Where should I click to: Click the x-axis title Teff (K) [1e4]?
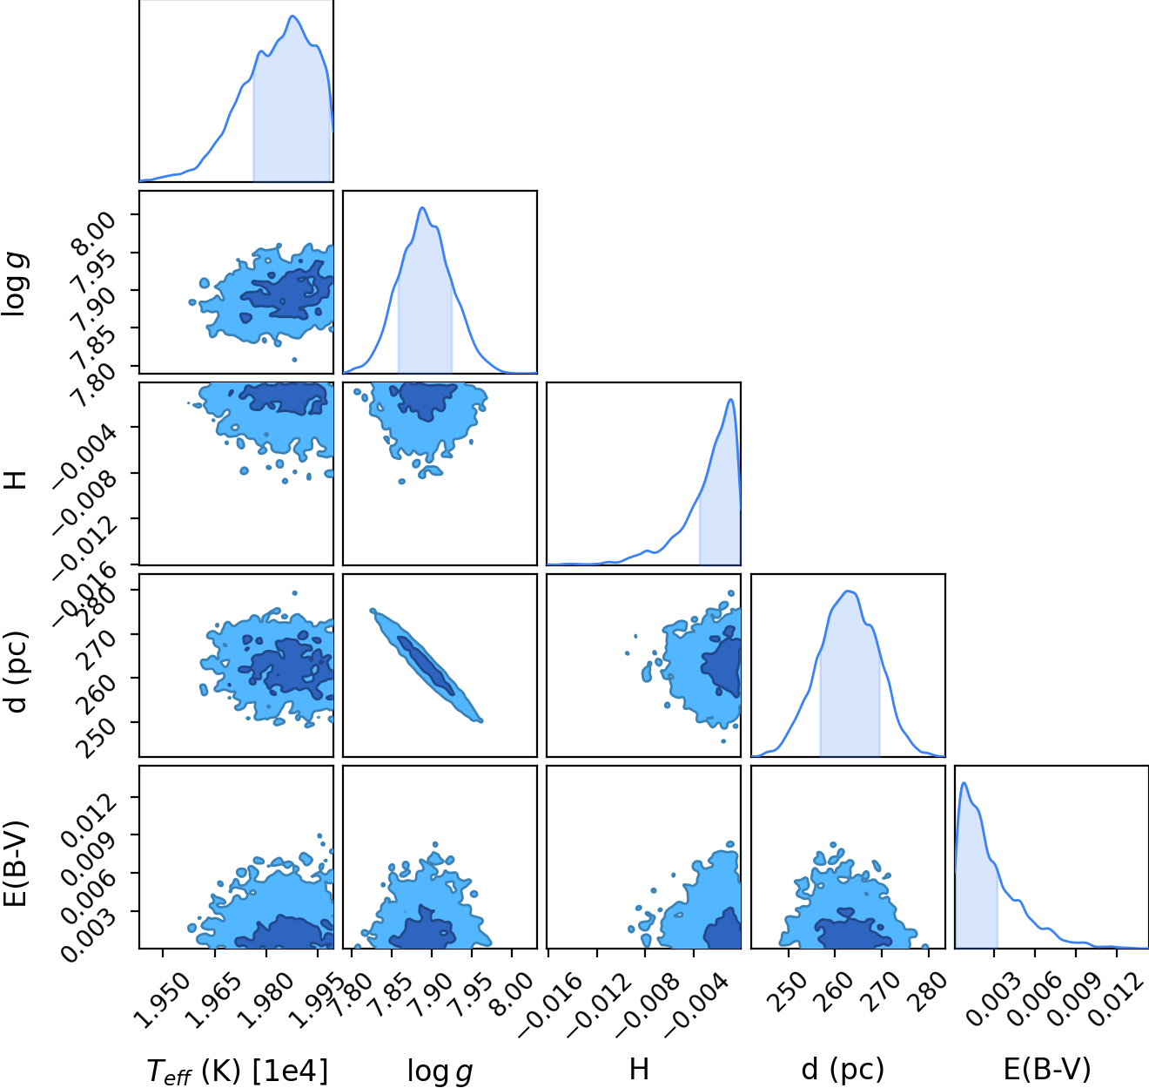pyautogui.click(x=237, y=1071)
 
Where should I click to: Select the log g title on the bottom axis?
pyautogui.click(x=440, y=1071)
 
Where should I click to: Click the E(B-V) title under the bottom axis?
pyautogui.click(x=1047, y=1070)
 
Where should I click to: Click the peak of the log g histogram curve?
pyautogui.click(x=422, y=207)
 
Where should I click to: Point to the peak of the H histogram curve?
pyautogui.click(x=730, y=400)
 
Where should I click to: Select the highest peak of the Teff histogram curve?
pyautogui.click(x=292, y=17)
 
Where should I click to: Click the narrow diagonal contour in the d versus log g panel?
pyautogui.click(x=426, y=666)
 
